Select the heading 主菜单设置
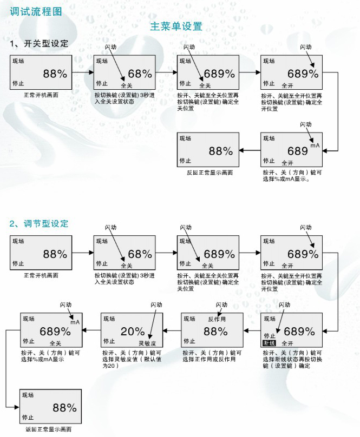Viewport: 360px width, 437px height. pos(176,26)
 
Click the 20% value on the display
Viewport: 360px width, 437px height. pos(133,331)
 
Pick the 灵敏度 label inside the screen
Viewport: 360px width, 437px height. pos(147,343)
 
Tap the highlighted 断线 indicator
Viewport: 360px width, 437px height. pos(270,343)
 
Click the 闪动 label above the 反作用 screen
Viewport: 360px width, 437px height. pos(222,306)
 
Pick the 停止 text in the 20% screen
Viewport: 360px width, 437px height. pos(109,341)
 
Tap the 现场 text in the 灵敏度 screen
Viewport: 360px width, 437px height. pos(109,319)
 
